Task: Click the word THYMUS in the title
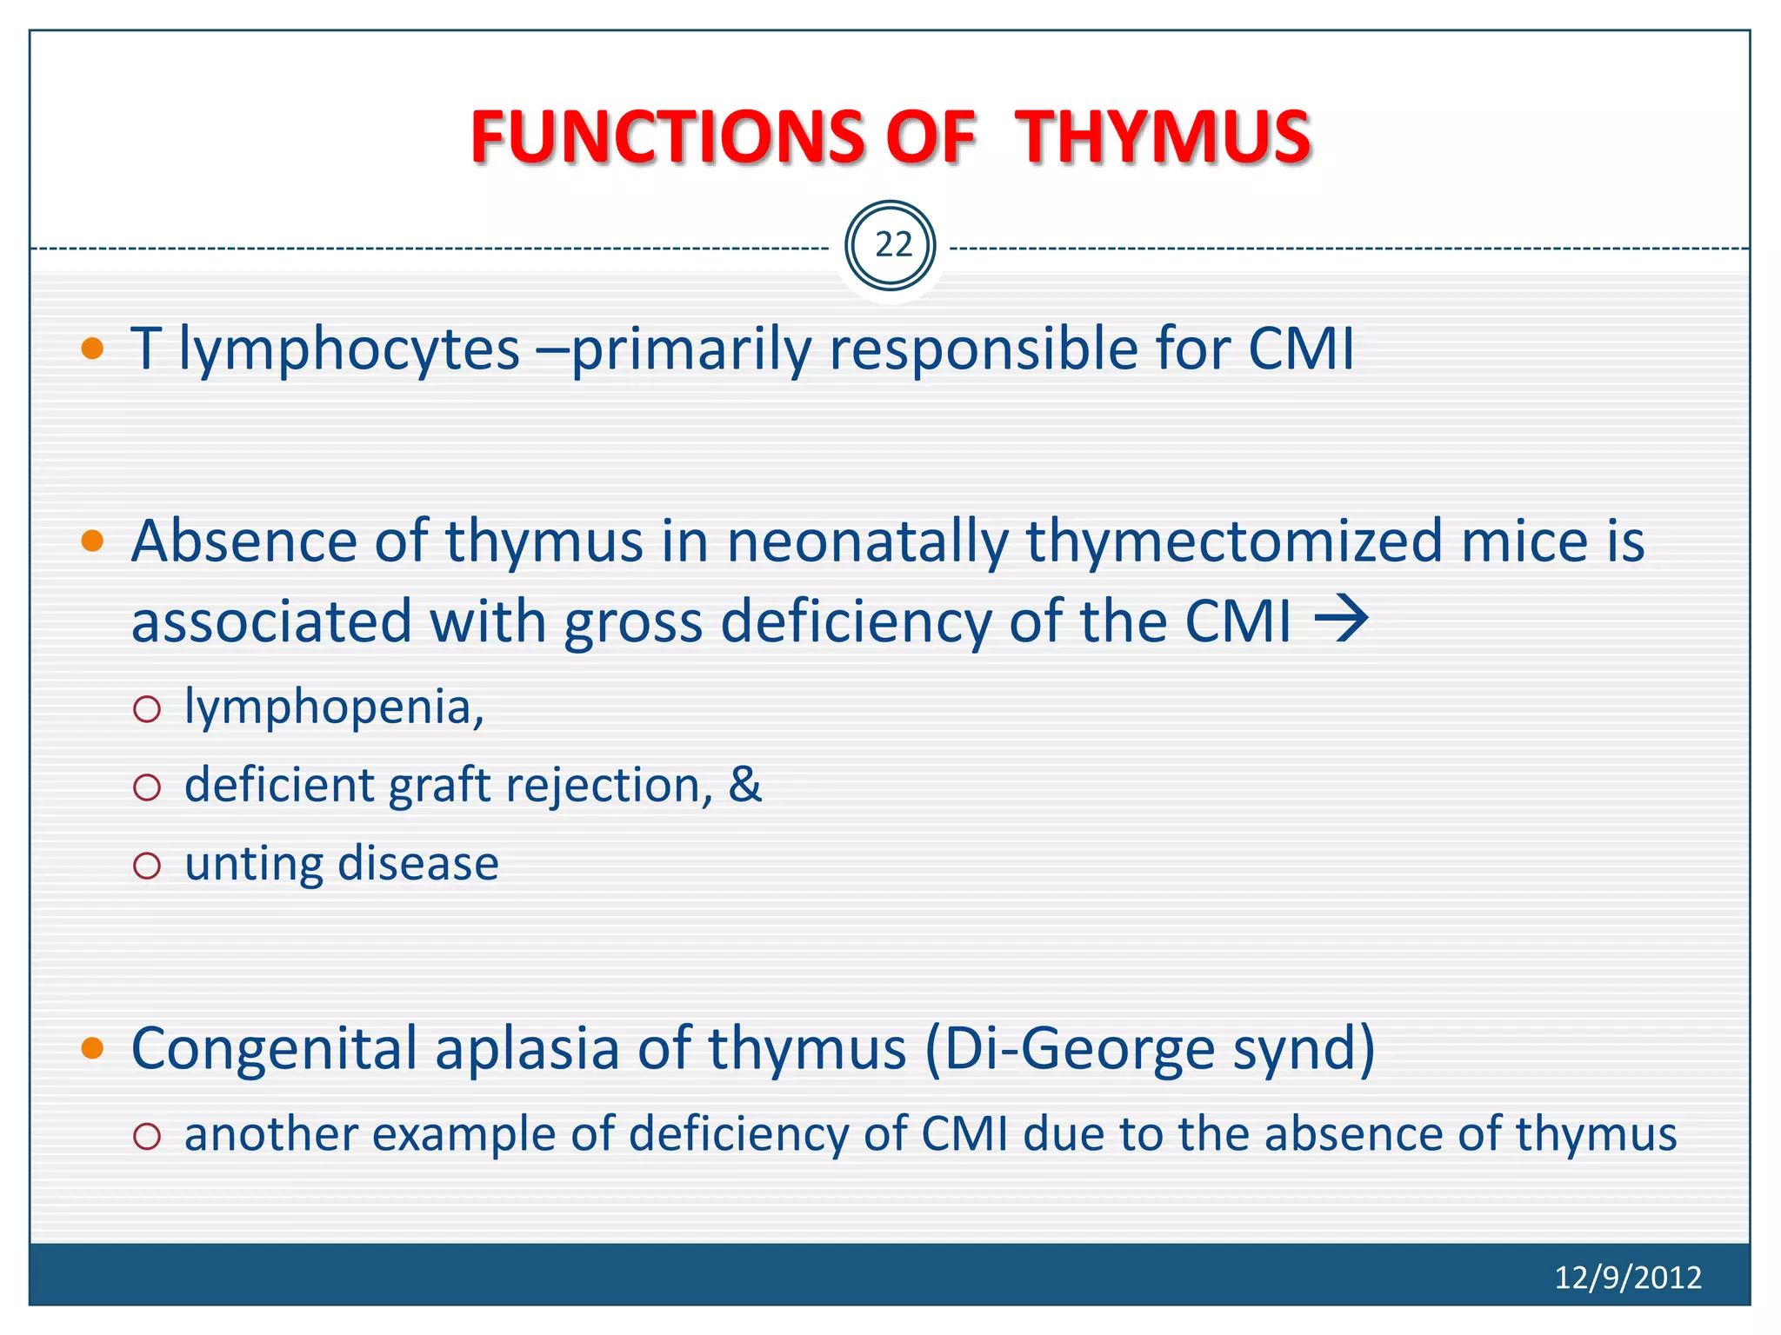(1163, 137)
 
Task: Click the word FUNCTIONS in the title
(667, 137)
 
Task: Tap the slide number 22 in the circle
(892, 246)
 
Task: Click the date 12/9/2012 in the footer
(1627, 1277)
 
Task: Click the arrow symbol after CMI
(1342, 621)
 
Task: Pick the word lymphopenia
(334, 707)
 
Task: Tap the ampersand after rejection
(744, 784)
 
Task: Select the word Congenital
(274, 1048)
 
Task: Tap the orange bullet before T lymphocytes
(92, 350)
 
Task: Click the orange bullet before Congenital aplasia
(92, 1048)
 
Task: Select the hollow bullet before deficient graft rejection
(148, 787)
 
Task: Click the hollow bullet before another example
(148, 1136)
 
